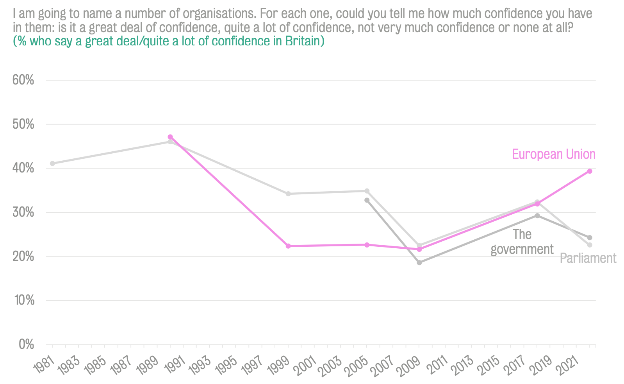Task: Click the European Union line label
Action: pos(553,154)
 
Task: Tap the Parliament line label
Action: pos(588,258)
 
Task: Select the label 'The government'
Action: pos(522,242)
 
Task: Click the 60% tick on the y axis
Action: pos(23,80)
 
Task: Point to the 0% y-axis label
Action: pos(26,344)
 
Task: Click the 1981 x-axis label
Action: pos(44,357)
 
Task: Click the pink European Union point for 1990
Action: pos(170,137)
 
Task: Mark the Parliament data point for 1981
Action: pos(52,163)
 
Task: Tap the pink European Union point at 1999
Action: pos(288,246)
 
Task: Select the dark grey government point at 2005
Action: pos(367,200)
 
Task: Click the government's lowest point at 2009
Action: pos(419,262)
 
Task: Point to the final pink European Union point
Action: pos(590,171)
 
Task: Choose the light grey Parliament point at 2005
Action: pos(367,191)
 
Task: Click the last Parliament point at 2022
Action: pos(590,245)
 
